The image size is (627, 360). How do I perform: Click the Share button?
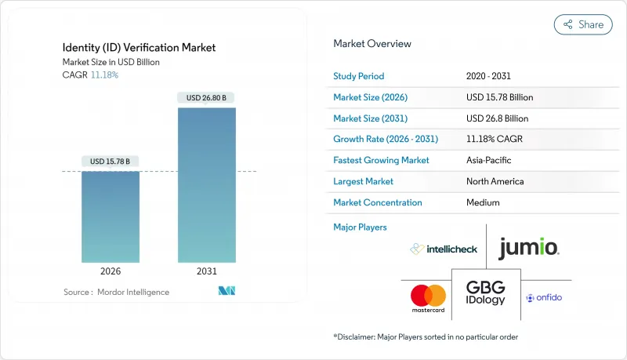(x=583, y=24)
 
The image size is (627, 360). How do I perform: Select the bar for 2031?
(x=206, y=184)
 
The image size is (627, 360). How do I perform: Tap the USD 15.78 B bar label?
(x=111, y=162)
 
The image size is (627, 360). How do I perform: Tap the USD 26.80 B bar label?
(x=206, y=98)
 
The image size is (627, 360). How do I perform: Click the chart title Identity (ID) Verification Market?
(x=139, y=48)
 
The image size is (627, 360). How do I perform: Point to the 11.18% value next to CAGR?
(x=104, y=75)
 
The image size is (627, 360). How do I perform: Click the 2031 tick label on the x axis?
(x=206, y=271)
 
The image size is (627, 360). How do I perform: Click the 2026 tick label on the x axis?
(x=111, y=271)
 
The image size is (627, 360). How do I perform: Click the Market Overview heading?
(x=372, y=43)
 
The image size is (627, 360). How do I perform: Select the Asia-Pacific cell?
(x=491, y=160)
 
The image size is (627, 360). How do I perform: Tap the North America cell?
(x=495, y=181)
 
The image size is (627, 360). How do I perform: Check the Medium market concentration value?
(x=483, y=202)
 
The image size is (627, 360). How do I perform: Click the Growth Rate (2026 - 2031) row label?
(x=386, y=139)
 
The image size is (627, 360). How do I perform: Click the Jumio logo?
(x=528, y=249)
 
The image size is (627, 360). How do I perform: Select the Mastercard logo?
(x=428, y=297)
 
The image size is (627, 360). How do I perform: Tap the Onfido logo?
(x=544, y=297)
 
